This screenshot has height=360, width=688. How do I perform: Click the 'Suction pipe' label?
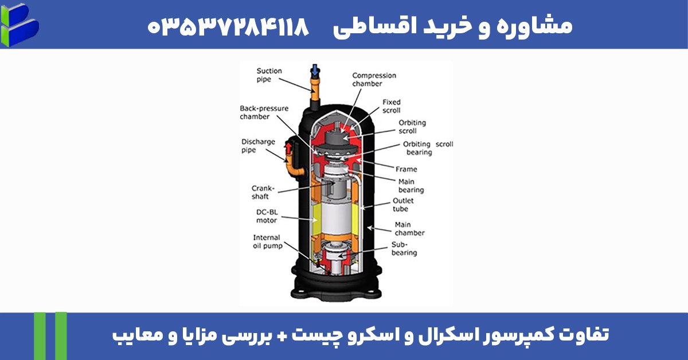click(269, 75)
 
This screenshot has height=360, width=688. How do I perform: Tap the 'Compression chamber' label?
click(374, 80)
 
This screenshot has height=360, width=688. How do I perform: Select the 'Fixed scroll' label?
click(392, 106)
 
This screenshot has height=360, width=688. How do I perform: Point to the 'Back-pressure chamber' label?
click(264, 112)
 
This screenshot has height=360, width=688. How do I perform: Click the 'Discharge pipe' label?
click(258, 146)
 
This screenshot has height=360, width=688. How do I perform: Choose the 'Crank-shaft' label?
click(264, 192)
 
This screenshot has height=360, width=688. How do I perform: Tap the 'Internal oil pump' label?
click(267, 242)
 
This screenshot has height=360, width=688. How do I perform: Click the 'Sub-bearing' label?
click(404, 248)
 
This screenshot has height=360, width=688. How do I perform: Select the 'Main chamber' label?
click(409, 229)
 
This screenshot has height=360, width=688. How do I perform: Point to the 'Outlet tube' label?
click(403, 205)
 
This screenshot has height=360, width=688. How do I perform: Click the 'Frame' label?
click(406, 169)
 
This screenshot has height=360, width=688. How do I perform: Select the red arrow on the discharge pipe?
click(288, 150)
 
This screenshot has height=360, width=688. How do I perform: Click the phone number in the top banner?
click(228, 25)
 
